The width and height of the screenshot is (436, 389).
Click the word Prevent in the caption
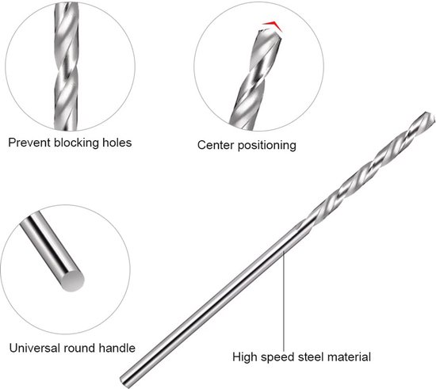[29, 143]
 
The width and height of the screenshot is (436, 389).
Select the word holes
[117, 143]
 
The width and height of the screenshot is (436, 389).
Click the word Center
[216, 145]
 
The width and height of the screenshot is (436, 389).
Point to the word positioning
[266, 146]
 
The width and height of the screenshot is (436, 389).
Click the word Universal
[35, 348]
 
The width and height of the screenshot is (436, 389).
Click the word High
[245, 357]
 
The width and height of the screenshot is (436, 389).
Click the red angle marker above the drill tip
[273, 26]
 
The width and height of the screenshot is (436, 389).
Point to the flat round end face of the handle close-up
[71, 280]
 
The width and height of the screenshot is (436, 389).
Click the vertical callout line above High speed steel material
[284, 300]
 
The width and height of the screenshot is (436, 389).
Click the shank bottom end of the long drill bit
[124, 381]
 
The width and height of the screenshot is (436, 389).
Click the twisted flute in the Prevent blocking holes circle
[66, 67]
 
